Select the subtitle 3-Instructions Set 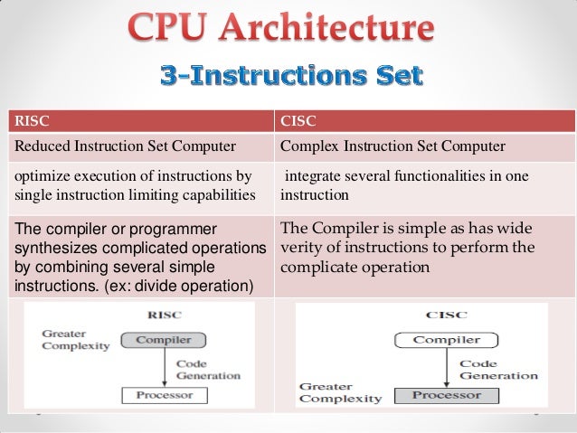[290, 76]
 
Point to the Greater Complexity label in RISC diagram [74, 339]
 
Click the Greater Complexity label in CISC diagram [339, 392]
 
